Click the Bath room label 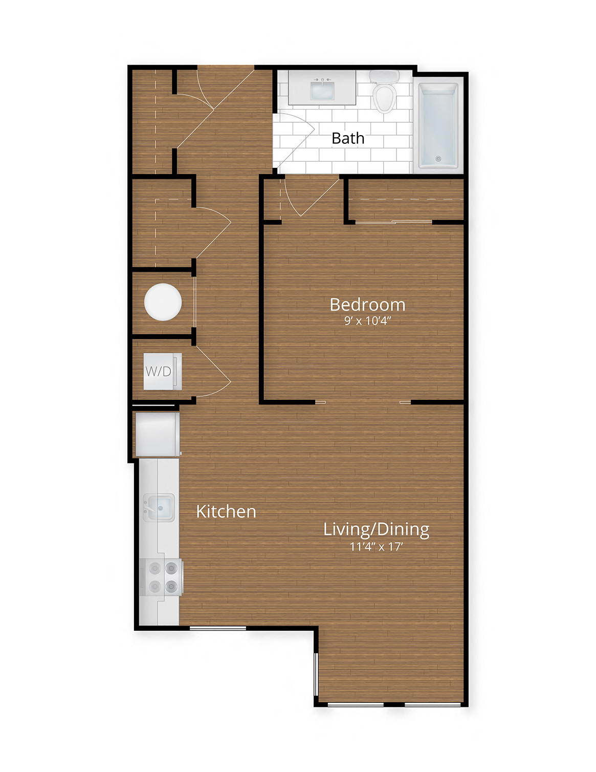(x=348, y=138)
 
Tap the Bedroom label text (x=367, y=305)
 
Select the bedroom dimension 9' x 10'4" (x=367, y=321)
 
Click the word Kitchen (x=226, y=511)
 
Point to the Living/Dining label (x=376, y=529)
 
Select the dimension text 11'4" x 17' (x=376, y=547)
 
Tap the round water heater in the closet (x=163, y=302)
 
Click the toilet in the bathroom (x=384, y=95)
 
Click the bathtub (x=438, y=125)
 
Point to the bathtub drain (x=438, y=159)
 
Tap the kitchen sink (x=159, y=507)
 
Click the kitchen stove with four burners (x=161, y=577)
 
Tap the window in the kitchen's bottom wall (x=217, y=628)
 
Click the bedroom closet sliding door (x=394, y=222)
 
